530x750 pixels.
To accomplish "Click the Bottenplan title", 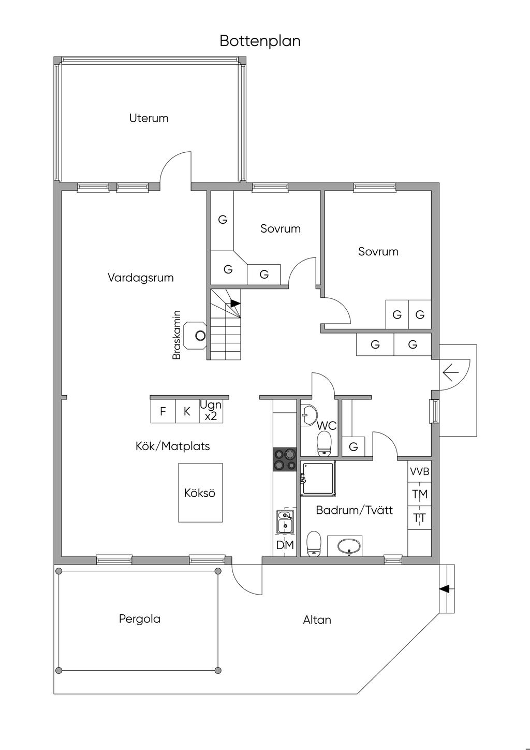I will tap(260, 41).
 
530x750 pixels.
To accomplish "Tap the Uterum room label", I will tap(149, 118).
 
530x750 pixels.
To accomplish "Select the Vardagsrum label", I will tap(141, 278).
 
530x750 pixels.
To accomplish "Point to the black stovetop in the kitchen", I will tap(285, 459).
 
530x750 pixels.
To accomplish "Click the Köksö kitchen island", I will tap(201, 493).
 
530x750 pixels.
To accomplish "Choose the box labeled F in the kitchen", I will tap(163, 412).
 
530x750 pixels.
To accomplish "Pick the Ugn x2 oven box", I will tap(211, 411).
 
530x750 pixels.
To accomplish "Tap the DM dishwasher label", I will tap(285, 545).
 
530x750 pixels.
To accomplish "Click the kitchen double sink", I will tap(285, 522).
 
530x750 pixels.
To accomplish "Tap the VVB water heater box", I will tap(420, 472).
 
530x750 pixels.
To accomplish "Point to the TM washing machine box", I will tap(420, 495).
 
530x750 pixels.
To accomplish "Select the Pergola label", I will tap(140, 618).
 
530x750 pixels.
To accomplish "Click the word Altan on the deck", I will tap(317, 620).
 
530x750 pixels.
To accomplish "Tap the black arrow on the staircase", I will tap(235, 303).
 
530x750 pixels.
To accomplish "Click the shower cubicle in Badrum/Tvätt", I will tap(319, 479).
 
